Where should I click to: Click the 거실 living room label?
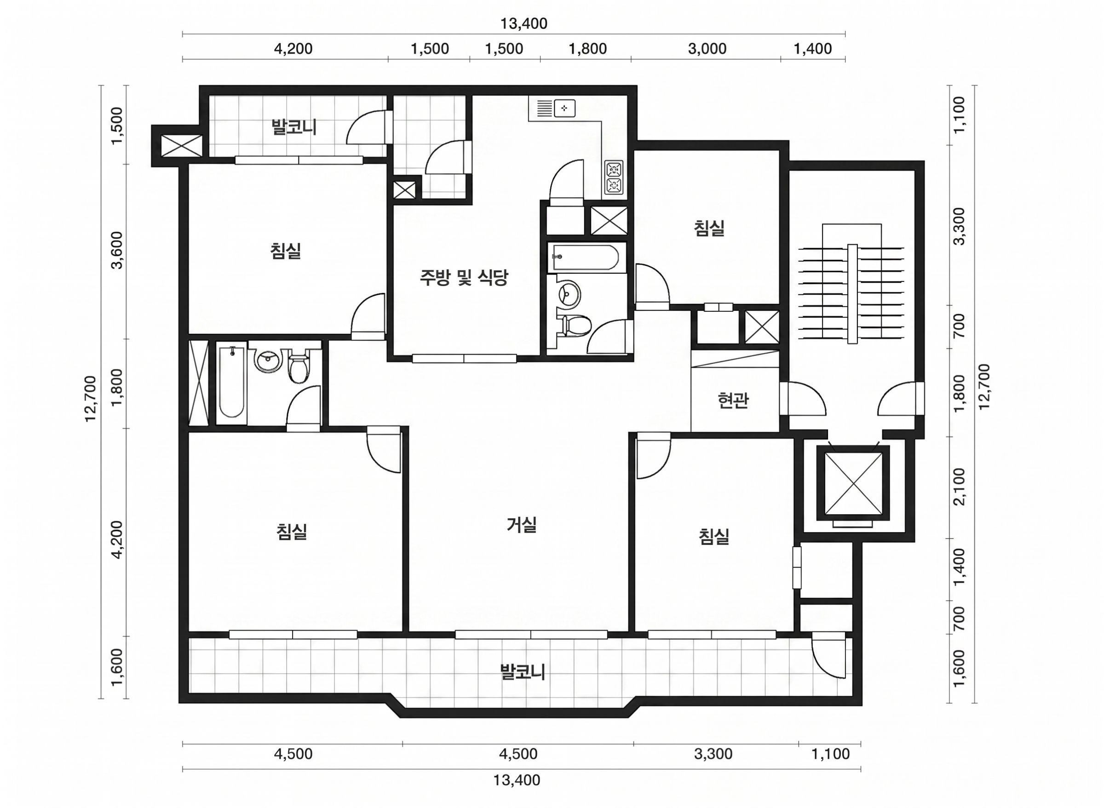[522, 525]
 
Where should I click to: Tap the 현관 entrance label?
[733, 401]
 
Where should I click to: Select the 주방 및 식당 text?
[464, 278]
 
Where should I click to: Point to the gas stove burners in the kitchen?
[615, 178]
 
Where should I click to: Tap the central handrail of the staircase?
[852, 293]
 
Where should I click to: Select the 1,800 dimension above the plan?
[588, 49]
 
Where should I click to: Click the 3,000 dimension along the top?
[707, 49]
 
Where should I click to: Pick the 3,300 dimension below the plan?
[713, 754]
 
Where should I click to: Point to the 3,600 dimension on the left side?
[118, 251]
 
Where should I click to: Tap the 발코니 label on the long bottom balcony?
[523, 671]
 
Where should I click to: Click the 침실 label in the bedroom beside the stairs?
[709, 229]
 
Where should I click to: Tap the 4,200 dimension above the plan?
[293, 49]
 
